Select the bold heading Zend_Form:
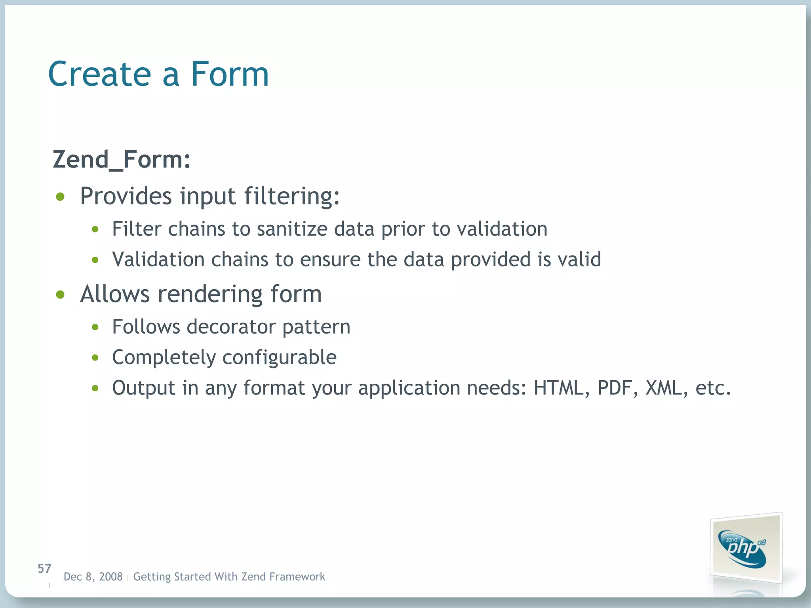pyautogui.click(x=122, y=160)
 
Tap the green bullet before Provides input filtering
pyautogui.click(x=60, y=197)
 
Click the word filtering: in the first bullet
pyautogui.click(x=292, y=196)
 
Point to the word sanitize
pyautogui.click(x=292, y=229)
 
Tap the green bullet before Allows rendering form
pyautogui.click(x=60, y=295)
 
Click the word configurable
pyautogui.click(x=279, y=358)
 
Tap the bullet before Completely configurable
pyautogui.click(x=95, y=358)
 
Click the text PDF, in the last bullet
pyautogui.click(x=617, y=388)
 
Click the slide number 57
pyautogui.click(x=44, y=569)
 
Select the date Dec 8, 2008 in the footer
pyautogui.click(x=93, y=577)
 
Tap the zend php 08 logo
pyautogui.click(x=744, y=549)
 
